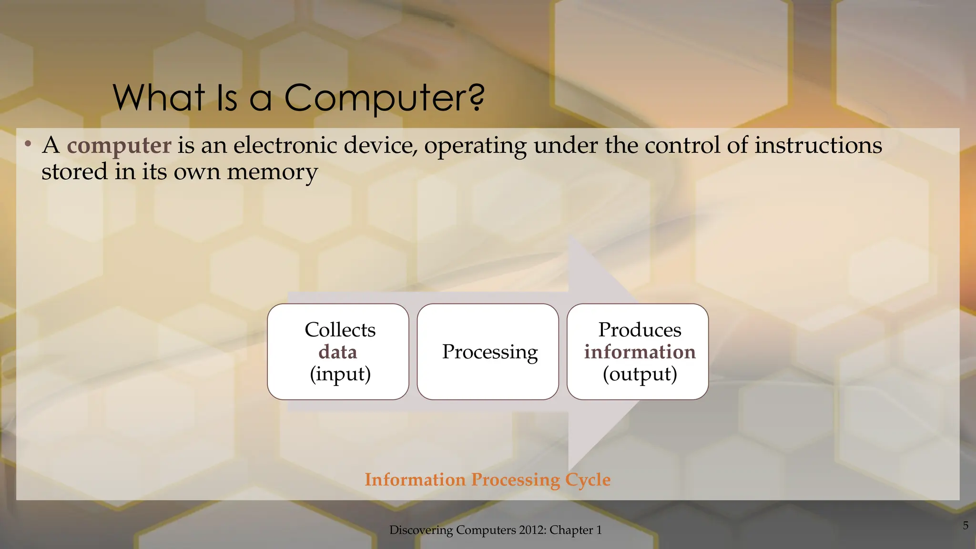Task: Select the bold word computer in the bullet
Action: pyautogui.click(x=119, y=145)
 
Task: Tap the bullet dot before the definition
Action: pyautogui.click(x=28, y=143)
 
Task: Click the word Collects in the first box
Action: pyautogui.click(x=340, y=330)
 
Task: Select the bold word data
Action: pyautogui.click(x=338, y=352)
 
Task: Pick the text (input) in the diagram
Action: pyautogui.click(x=340, y=374)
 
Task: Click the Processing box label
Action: pyautogui.click(x=489, y=352)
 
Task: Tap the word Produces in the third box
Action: pyautogui.click(x=640, y=330)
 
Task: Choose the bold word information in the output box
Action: pyautogui.click(x=640, y=352)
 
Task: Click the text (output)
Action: pyautogui.click(x=640, y=374)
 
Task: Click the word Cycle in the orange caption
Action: pyautogui.click(x=588, y=480)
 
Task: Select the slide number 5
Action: pyautogui.click(x=966, y=526)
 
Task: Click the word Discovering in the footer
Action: pyautogui.click(x=421, y=530)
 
